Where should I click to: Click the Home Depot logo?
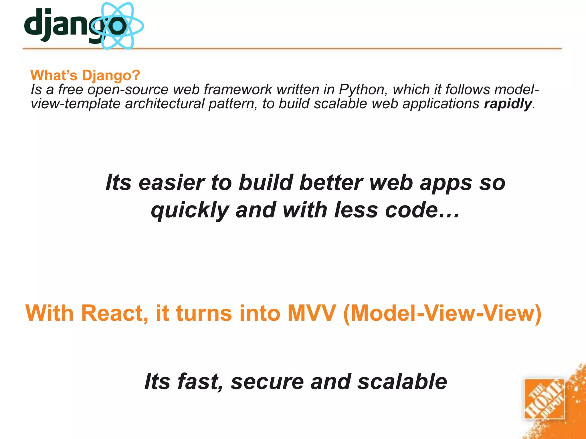544,399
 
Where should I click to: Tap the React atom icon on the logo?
117,26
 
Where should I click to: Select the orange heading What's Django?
85,75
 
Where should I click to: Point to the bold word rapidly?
508,103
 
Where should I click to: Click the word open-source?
128,90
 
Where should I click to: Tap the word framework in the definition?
237,89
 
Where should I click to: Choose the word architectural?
165,103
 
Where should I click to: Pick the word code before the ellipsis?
411,210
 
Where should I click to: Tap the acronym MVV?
311,313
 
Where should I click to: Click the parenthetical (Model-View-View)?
442,314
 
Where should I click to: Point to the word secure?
267,382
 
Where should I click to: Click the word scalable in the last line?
402,382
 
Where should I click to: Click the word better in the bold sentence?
330,183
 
